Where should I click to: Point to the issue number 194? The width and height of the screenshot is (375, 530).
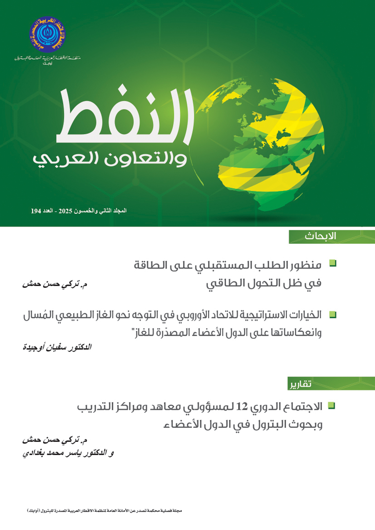[x=36, y=211]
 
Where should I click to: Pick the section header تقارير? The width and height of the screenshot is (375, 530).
[x=300, y=384]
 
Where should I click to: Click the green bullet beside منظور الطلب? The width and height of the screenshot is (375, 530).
[x=333, y=263]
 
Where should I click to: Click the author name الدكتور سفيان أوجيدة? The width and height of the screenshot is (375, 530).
[x=57, y=347]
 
